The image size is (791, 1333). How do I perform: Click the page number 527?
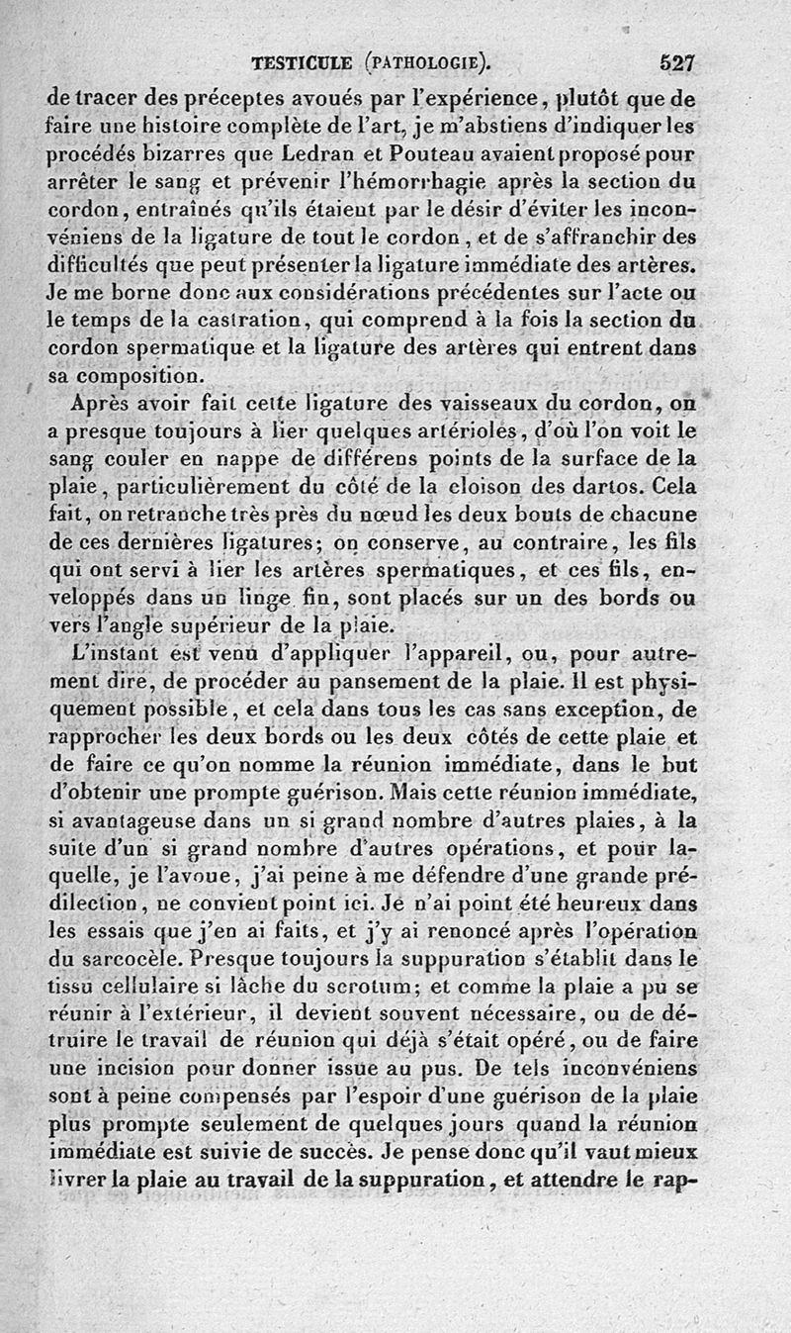678,64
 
